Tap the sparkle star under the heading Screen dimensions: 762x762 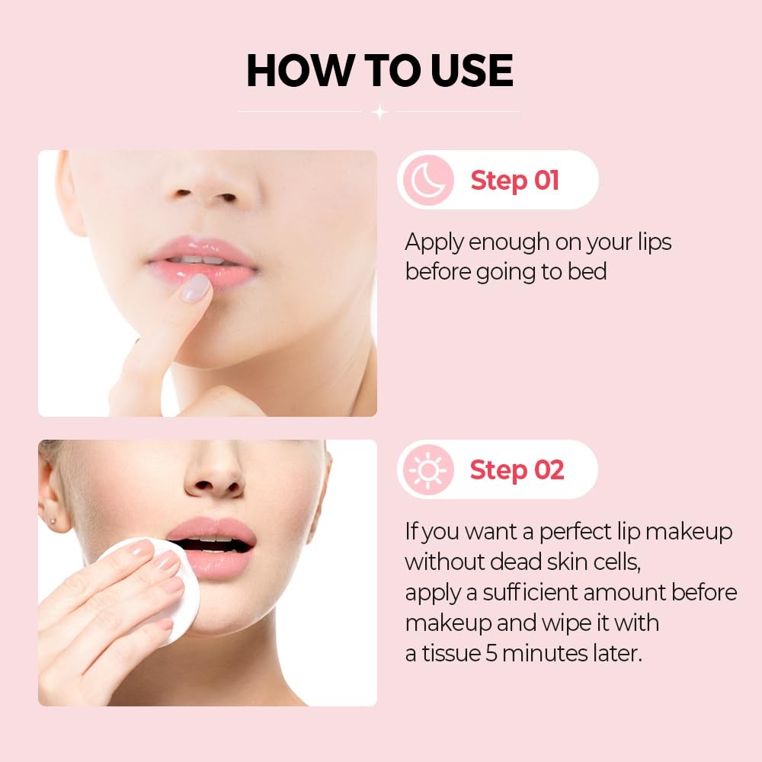tap(379, 112)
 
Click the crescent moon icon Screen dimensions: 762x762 tap(428, 180)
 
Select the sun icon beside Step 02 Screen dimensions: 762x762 tap(428, 470)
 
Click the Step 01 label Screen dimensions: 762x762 tap(514, 181)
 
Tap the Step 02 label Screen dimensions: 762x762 tap(517, 470)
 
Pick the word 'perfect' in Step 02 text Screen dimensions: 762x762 tap(575, 532)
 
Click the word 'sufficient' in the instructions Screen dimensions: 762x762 tap(530, 592)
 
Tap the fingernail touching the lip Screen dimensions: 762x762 tap(195, 287)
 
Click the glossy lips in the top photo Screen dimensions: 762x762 tap(203, 261)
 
